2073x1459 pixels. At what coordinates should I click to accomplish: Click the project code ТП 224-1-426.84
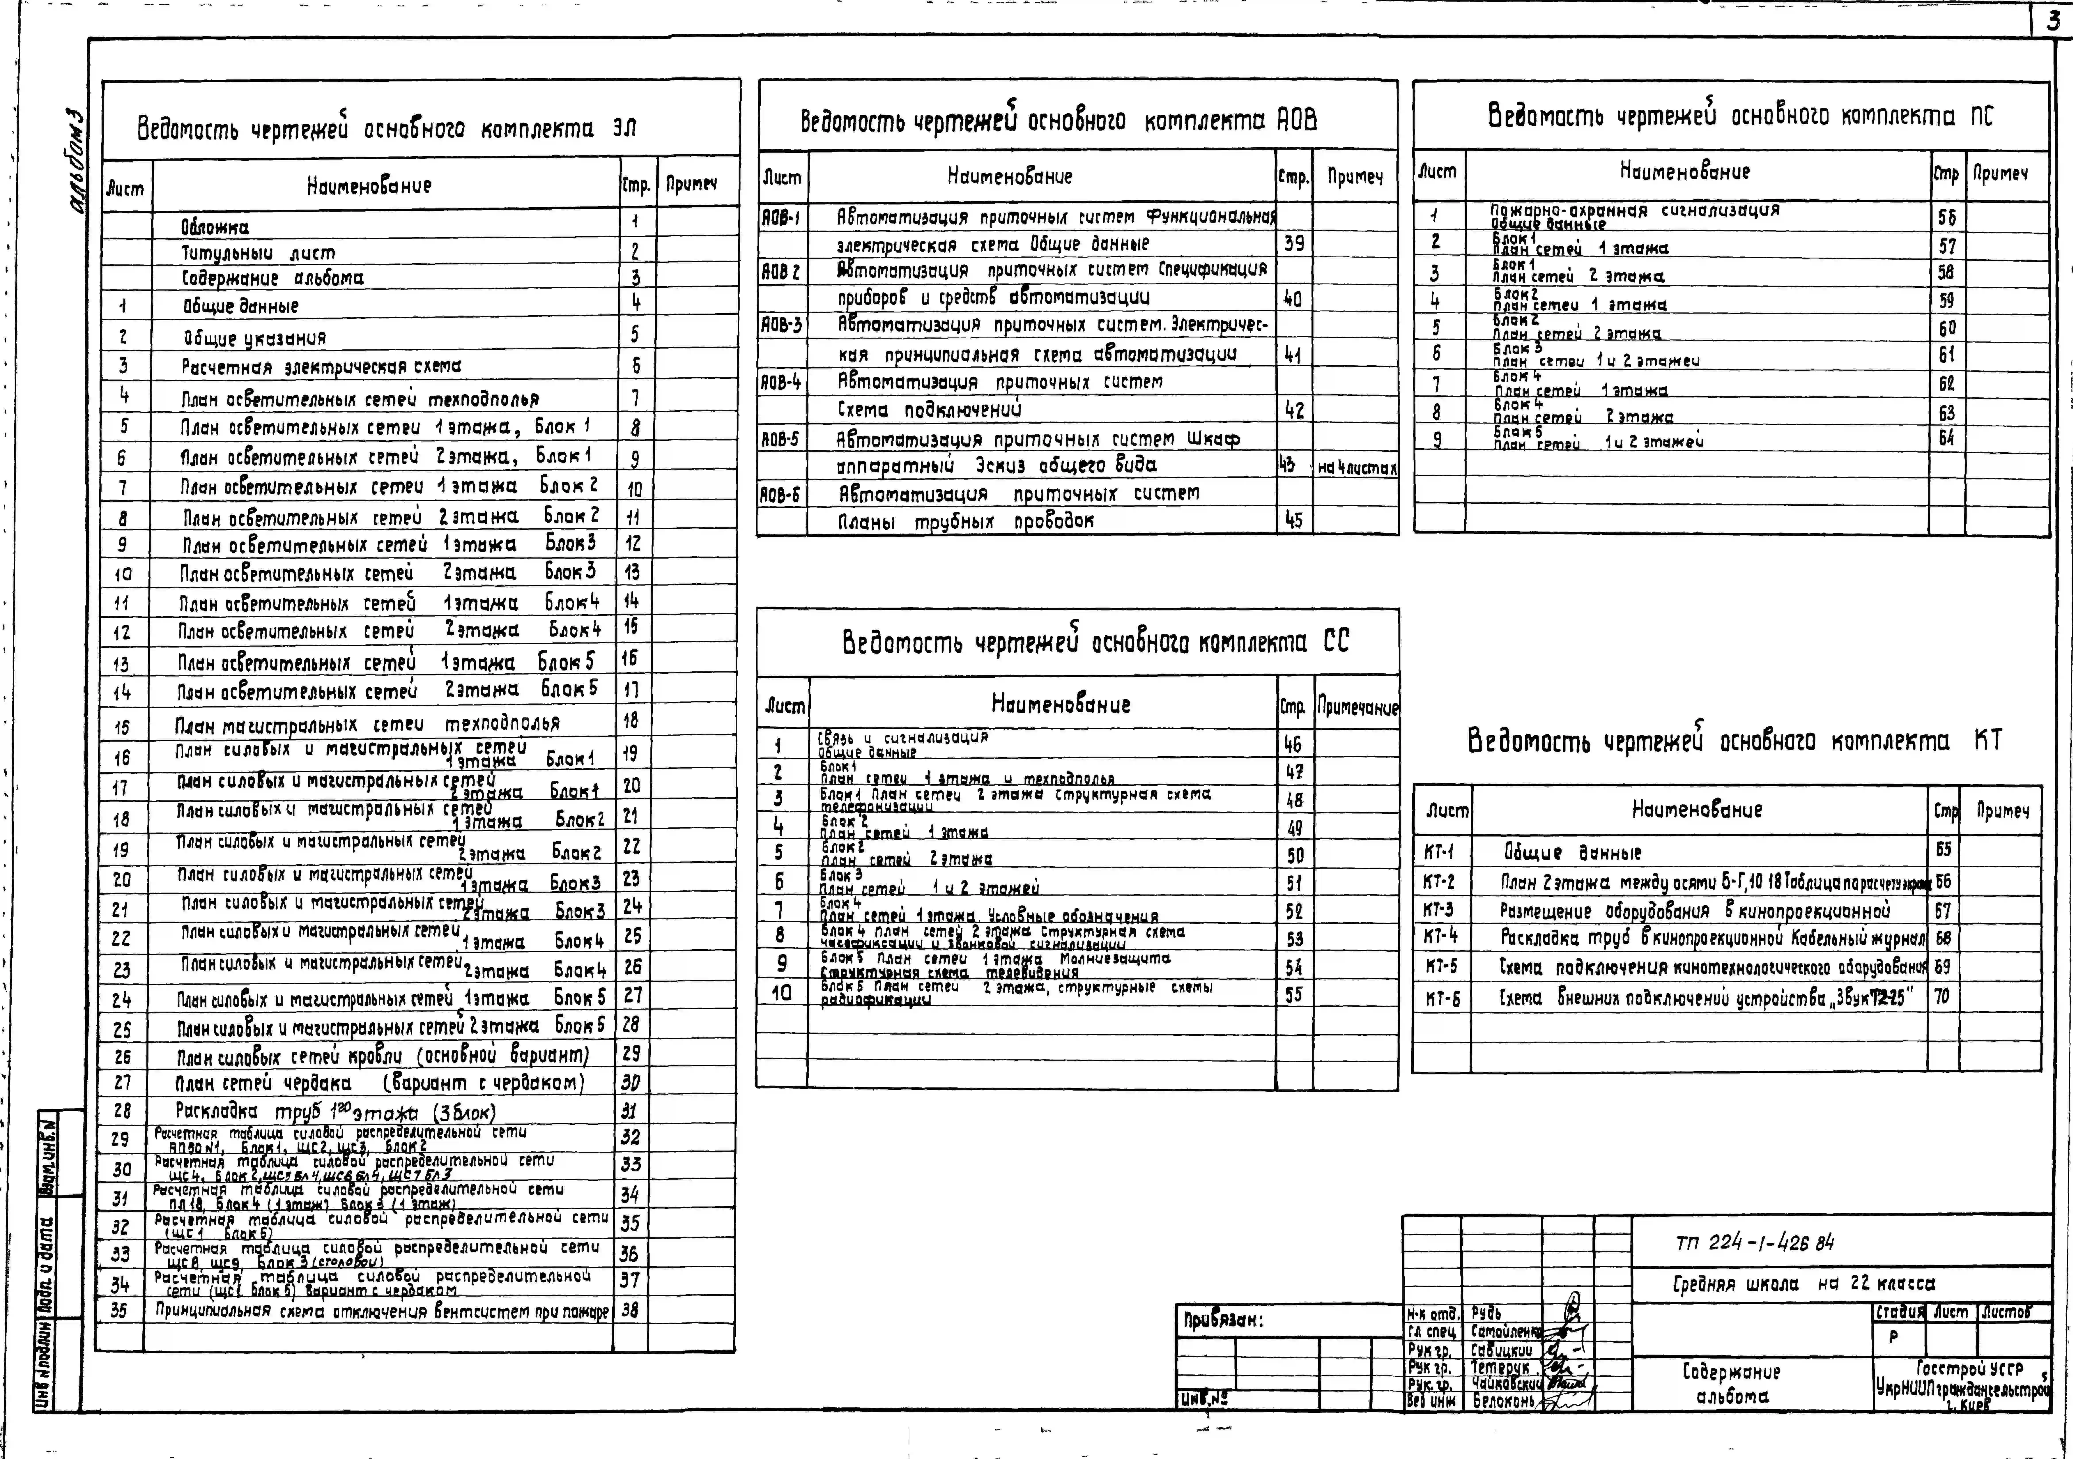pos(1754,1243)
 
